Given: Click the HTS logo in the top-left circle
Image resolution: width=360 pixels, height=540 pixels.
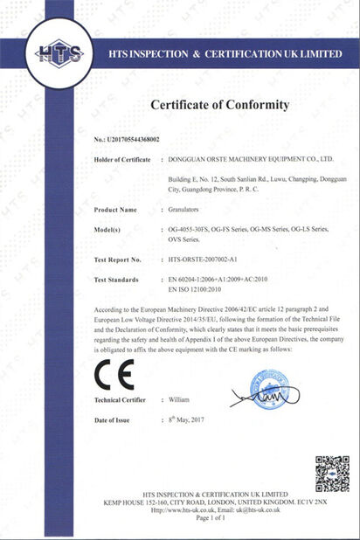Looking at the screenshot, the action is click(x=58, y=54).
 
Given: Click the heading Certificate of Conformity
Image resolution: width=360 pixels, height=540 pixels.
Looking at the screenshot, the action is click(x=220, y=105).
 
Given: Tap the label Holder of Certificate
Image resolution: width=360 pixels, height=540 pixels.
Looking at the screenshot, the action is click(x=122, y=160).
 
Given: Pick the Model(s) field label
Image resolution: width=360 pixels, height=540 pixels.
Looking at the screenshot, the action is click(x=112, y=229).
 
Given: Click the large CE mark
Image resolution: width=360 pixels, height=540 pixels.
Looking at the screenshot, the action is click(x=114, y=376).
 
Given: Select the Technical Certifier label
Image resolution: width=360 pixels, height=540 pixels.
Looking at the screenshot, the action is click(x=121, y=399).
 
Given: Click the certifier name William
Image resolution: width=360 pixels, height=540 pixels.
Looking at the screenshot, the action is click(x=178, y=399).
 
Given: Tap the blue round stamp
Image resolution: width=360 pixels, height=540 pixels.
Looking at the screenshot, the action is click(x=268, y=390).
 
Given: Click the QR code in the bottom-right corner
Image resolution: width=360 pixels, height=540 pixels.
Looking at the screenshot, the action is click(x=332, y=473).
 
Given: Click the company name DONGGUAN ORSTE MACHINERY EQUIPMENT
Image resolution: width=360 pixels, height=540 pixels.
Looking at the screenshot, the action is click(x=250, y=160).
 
